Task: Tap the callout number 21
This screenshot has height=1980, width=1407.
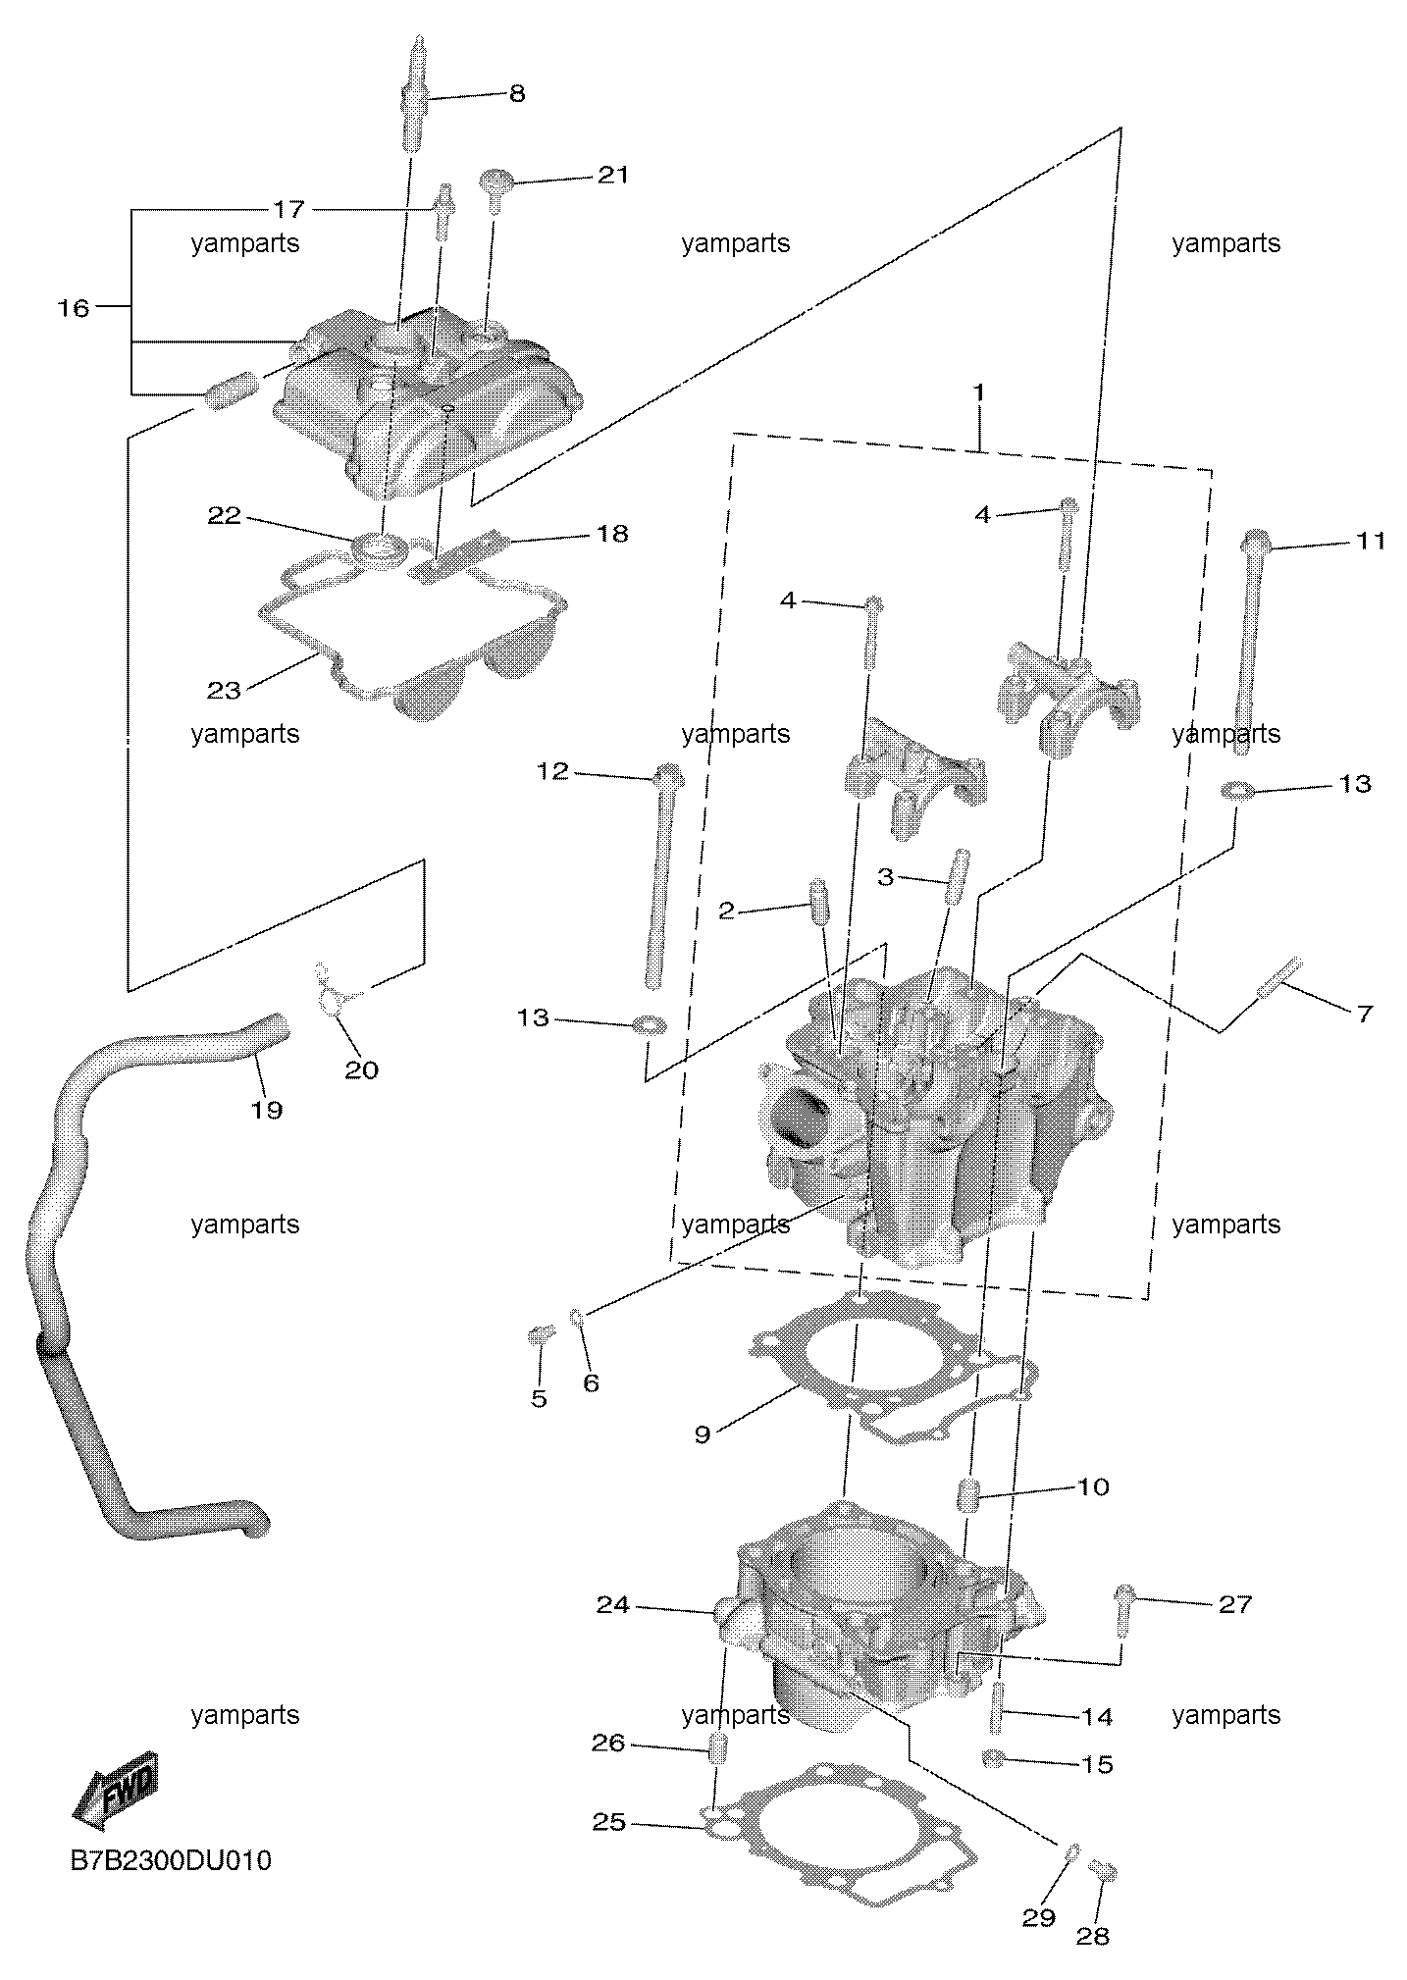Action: coord(612,175)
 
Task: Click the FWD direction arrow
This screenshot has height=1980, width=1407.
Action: coord(114,1789)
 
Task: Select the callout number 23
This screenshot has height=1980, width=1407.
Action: coord(224,690)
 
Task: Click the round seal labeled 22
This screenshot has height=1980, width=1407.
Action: coord(380,547)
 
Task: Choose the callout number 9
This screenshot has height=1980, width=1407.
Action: coord(702,1434)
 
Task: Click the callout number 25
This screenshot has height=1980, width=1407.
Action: coord(609,1822)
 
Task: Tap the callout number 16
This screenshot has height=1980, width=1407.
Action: coord(73,308)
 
